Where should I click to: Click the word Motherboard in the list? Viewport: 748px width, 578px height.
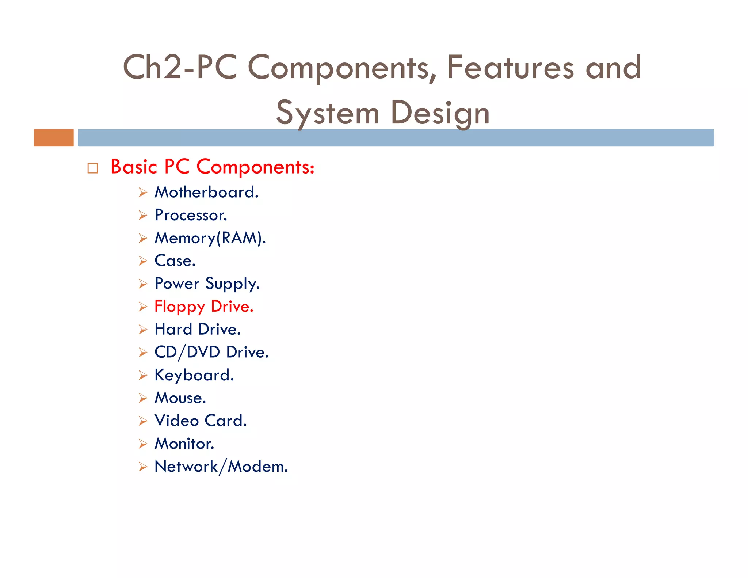click(206, 192)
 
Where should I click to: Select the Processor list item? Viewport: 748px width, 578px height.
click(191, 215)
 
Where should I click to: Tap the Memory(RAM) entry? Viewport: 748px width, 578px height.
click(210, 238)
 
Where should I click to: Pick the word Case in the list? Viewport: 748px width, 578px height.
click(175, 261)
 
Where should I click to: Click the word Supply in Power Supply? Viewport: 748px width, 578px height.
click(232, 284)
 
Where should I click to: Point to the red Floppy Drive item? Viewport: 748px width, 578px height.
click(203, 307)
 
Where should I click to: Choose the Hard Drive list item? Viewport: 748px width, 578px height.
click(197, 330)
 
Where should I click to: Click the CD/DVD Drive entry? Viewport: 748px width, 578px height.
click(211, 352)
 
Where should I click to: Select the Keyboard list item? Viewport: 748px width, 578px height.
click(194, 375)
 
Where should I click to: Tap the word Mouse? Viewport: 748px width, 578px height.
click(180, 398)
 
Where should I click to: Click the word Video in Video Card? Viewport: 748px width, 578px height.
click(176, 421)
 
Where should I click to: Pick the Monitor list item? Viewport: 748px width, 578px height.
click(184, 444)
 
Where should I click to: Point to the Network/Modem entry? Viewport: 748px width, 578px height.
click(221, 467)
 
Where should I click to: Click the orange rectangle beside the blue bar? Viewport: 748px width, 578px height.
click(54, 138)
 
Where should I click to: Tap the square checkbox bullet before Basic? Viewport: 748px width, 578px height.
click(93, 168)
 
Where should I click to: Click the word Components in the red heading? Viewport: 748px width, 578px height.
click(255, 167)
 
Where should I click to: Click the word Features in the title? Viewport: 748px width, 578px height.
click(510, 67)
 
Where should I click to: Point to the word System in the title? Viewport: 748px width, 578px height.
click(327, 113)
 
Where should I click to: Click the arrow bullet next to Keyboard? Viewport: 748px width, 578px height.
click(143, 375)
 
